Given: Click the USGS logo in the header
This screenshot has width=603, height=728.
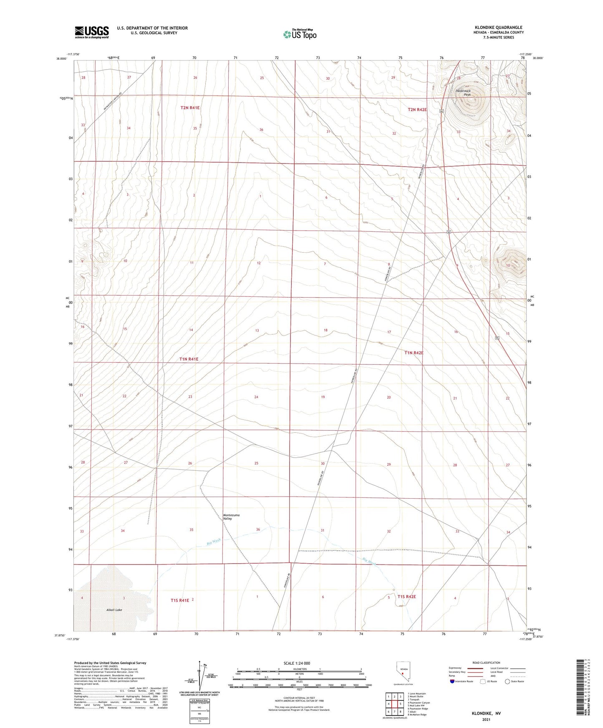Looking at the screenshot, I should [92, 32].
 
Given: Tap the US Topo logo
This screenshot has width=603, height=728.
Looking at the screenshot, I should [300, 34].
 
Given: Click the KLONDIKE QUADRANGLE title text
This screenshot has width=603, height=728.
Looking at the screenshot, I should [498, 28].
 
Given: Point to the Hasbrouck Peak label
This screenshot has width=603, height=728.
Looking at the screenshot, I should [464, 93].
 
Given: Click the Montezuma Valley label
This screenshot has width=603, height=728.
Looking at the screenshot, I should [231, 517].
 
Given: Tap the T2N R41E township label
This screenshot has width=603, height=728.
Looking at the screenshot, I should [190, 108].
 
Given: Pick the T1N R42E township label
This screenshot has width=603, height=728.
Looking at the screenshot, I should [414, 353].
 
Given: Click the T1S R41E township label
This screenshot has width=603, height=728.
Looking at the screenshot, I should [180, 600].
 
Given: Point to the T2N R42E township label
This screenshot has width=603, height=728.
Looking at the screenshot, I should [417, 110].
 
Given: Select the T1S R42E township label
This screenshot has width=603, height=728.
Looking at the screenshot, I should [406, 597].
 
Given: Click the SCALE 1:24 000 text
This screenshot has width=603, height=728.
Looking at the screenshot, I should [297, 663].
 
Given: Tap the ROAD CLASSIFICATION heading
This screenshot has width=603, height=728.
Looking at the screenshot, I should [486, 663].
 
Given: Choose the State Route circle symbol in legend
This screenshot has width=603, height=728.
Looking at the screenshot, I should [507, 681].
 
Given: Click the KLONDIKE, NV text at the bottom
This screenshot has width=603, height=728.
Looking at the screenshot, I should [486, 713].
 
